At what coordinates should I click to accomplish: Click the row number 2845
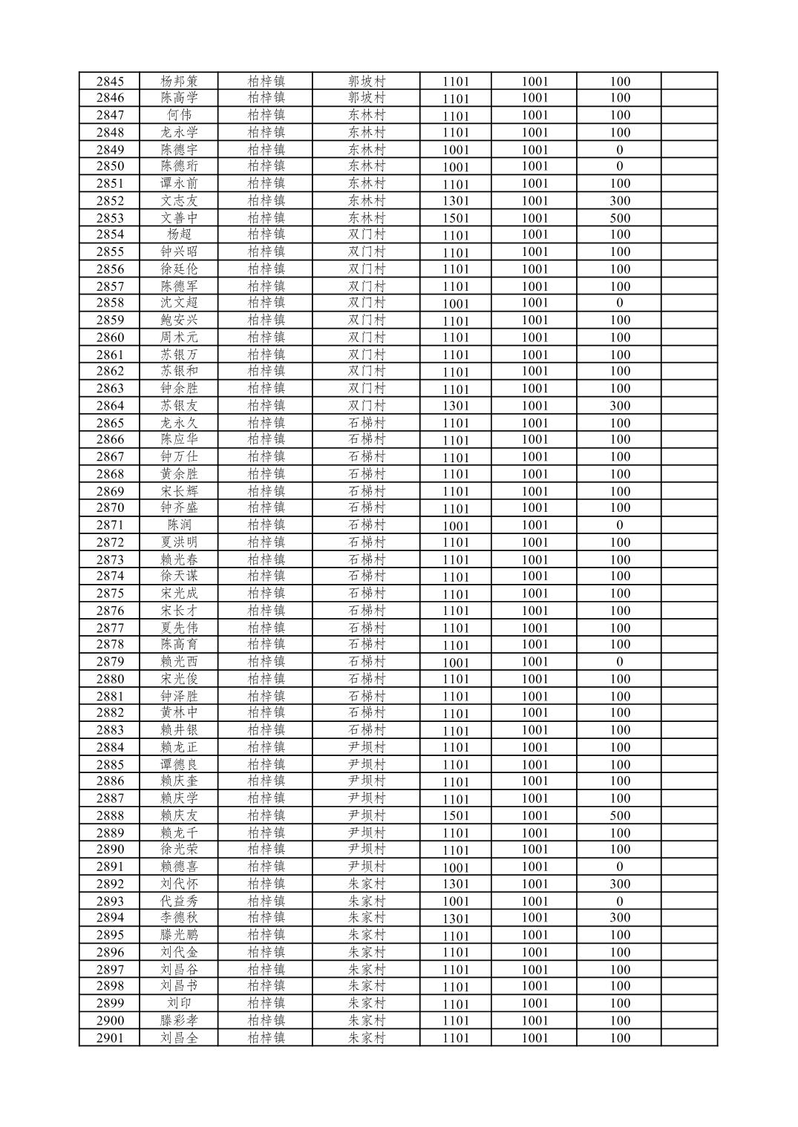coord(110,82)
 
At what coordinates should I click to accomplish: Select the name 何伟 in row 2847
coord(179,115)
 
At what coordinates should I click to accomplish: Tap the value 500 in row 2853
coord(620,218)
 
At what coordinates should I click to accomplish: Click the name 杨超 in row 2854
coord(179,234)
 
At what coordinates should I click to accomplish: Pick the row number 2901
coord(110,1038)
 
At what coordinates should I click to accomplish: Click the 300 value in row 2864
coord(620,406)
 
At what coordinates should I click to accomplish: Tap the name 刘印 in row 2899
coord(179,1003)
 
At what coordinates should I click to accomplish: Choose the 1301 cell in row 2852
coord(456,201)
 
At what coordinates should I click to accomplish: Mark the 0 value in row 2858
coord(620,303)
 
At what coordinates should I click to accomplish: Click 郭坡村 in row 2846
coord(367,98)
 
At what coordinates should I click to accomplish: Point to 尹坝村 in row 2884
coord(367,747)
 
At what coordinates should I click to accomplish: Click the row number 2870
coord(110,508)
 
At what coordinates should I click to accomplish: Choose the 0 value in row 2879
coord(620,662)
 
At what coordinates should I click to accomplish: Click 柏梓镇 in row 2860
coord(266,338)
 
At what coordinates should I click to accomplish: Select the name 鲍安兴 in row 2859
coord(179,321)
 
